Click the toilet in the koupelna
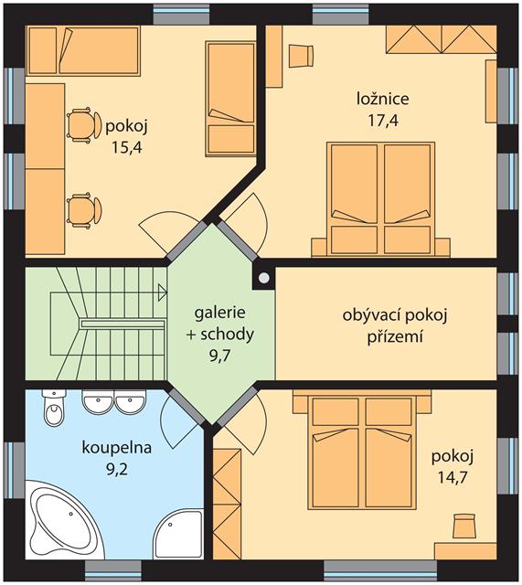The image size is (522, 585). point(55,409)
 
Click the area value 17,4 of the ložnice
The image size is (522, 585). point(383,121)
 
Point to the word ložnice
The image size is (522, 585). point(383,99)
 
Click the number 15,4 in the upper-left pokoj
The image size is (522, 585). point(127,148)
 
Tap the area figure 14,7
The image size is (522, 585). point(453,477)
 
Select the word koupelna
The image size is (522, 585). point(117,447)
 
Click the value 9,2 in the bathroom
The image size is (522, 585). point(117,469)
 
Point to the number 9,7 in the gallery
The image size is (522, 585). point(219,356)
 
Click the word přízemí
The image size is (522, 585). point(395,337)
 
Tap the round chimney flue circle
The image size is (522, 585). point(264,277)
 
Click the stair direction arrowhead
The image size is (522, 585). point(163,292)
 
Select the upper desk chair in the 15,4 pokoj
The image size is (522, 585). point(83,124)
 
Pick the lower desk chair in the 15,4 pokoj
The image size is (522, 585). point(83,209)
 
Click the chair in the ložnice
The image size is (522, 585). point(301,56)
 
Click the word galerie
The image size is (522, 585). point(219,313)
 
